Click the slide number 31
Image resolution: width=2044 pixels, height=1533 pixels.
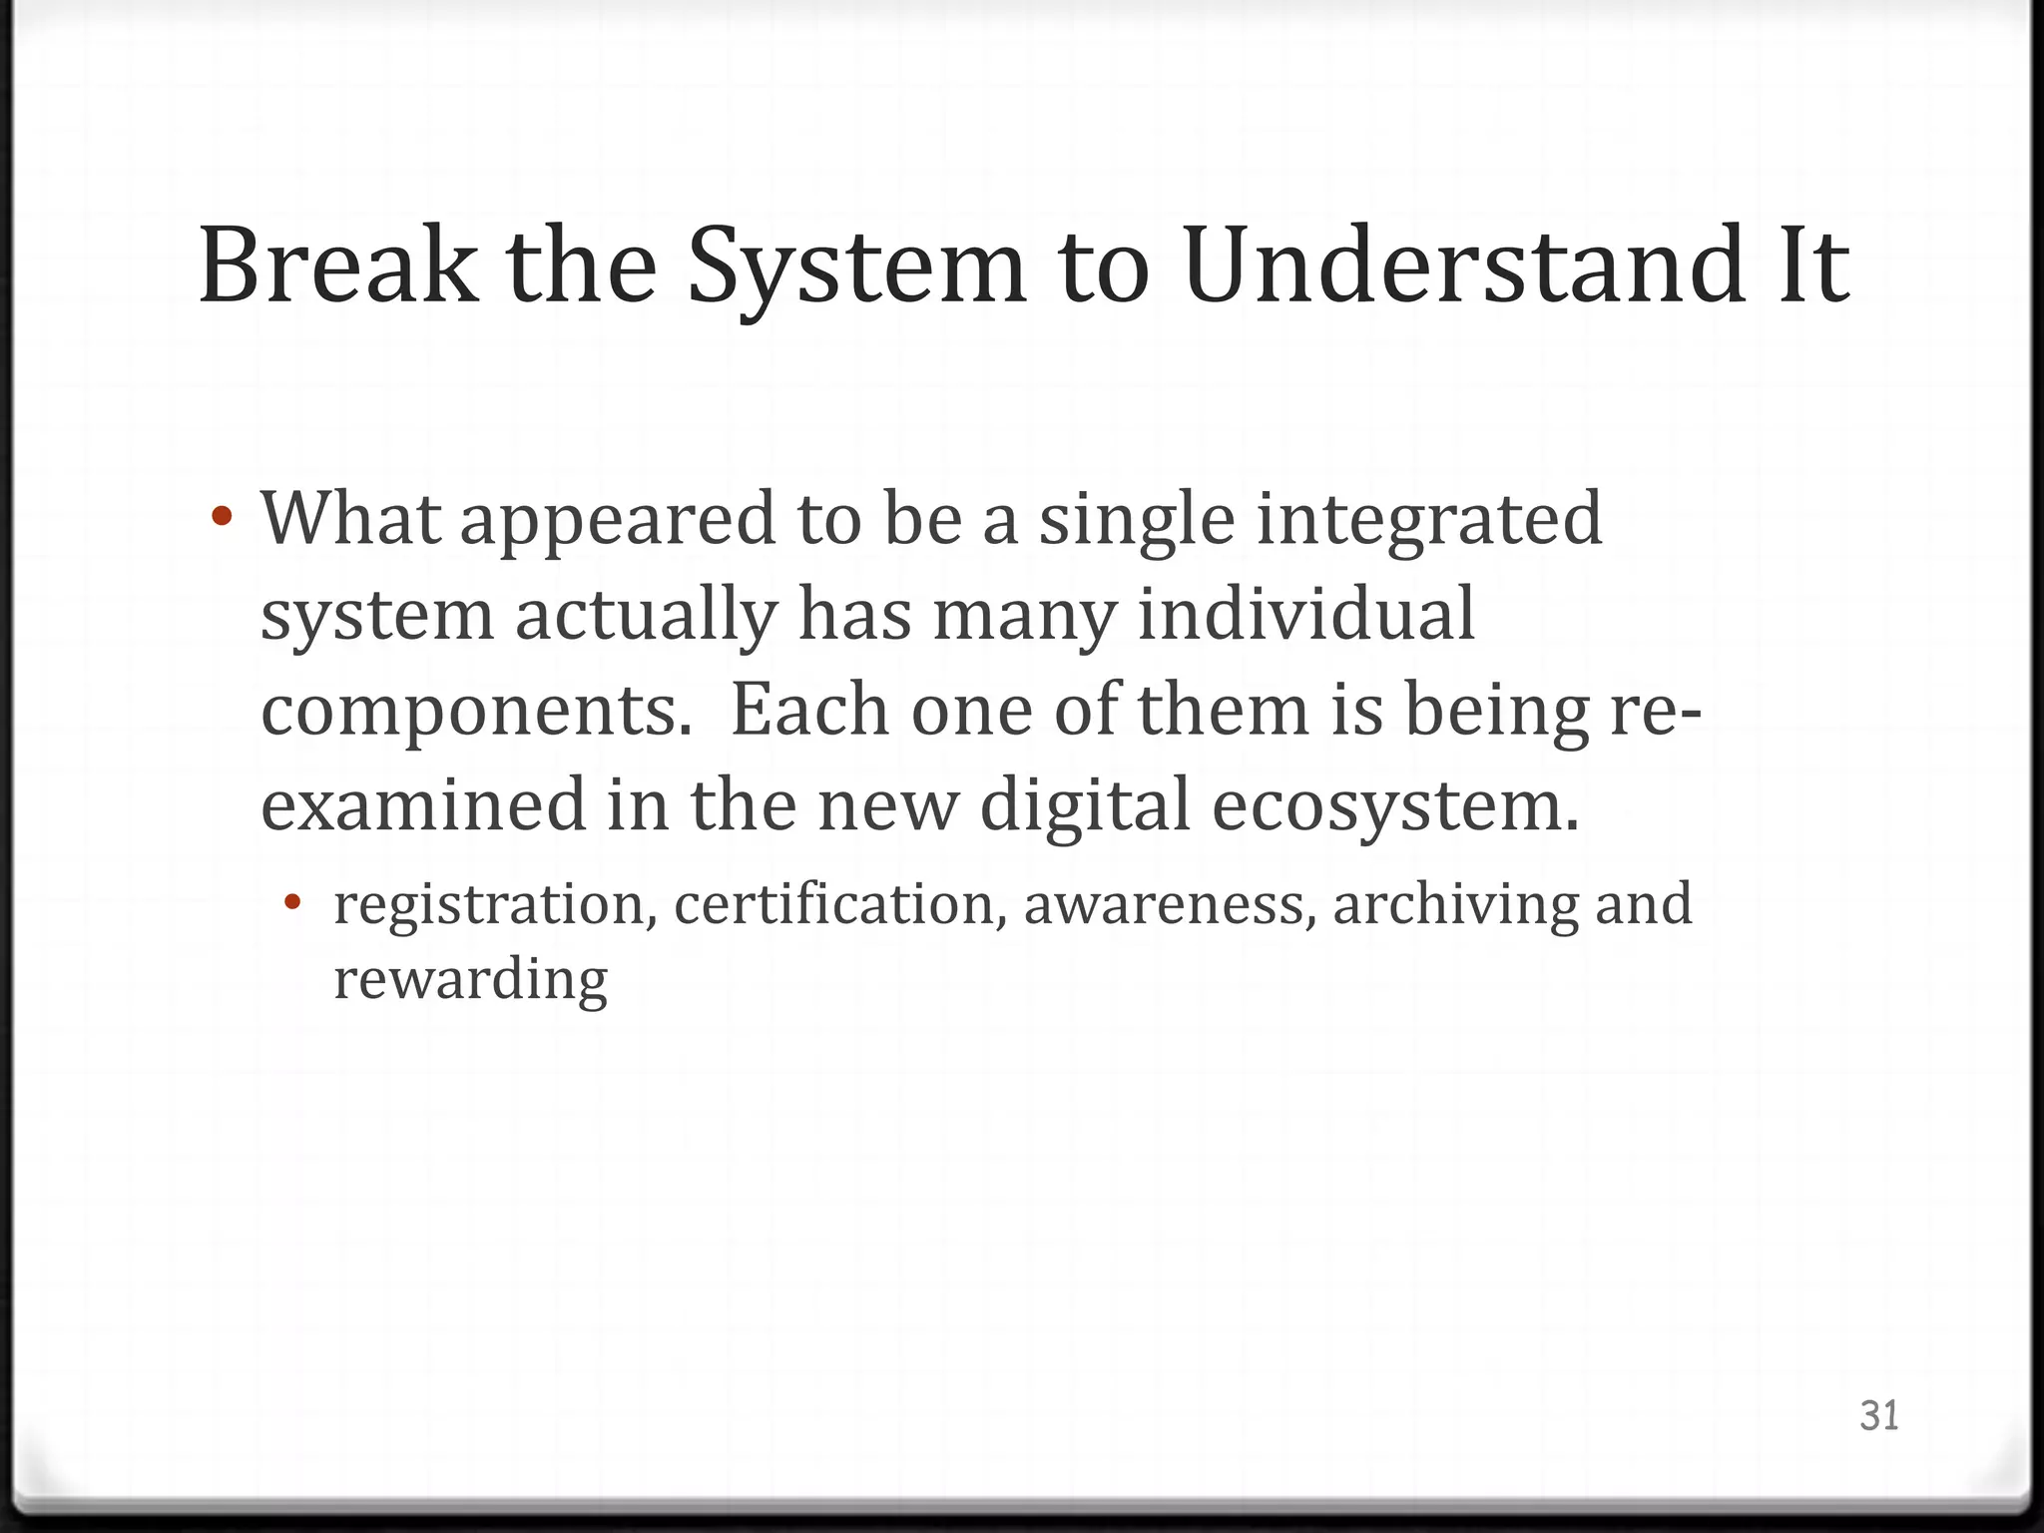(x=1879, y=1415)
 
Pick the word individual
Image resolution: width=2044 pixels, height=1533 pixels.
(x=1305, y=614)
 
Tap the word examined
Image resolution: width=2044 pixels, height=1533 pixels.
(x=423, y=804)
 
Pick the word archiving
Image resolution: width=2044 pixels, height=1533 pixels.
(x=1453, y=905)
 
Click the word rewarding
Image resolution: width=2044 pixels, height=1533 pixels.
(x=470, y=981)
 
